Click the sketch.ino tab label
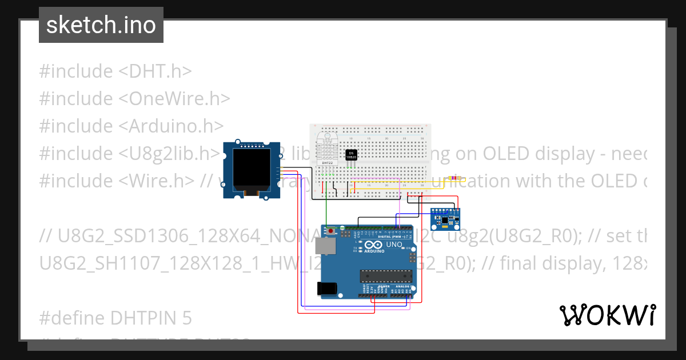[101, 25]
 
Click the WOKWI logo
[607, 315]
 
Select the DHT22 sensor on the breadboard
[328, 149]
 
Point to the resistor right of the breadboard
[454, 178]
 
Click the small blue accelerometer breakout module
[444, 218]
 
